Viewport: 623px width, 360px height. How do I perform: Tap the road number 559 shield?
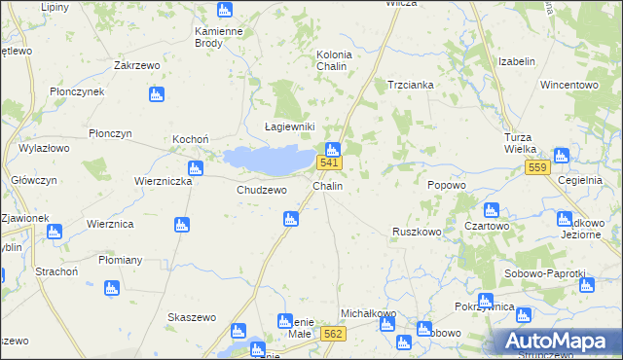tap(537, 167)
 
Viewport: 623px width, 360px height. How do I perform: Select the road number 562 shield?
tap(333, 334)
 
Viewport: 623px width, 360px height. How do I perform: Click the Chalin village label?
tap(327, 185)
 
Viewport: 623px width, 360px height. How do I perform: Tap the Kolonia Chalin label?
tap(334, 60)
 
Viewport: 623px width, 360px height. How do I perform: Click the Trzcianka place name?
tap(411, 85)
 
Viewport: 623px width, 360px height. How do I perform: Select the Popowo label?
tap(447, 185)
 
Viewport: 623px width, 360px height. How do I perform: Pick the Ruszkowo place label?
tap(417, 232)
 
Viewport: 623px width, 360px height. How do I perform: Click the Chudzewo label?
tap(262, 190)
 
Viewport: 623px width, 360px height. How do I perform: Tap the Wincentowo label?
tap(568, 85)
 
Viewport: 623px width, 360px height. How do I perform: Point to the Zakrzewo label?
tap(136, 66)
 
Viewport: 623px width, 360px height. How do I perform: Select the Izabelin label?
tap(517, 61)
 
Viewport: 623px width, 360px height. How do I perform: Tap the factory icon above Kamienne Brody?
tap(225, 11)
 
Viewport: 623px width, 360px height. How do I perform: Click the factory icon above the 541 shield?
tap(332, 149)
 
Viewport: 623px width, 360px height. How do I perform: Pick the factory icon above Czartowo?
tap(491, 210)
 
